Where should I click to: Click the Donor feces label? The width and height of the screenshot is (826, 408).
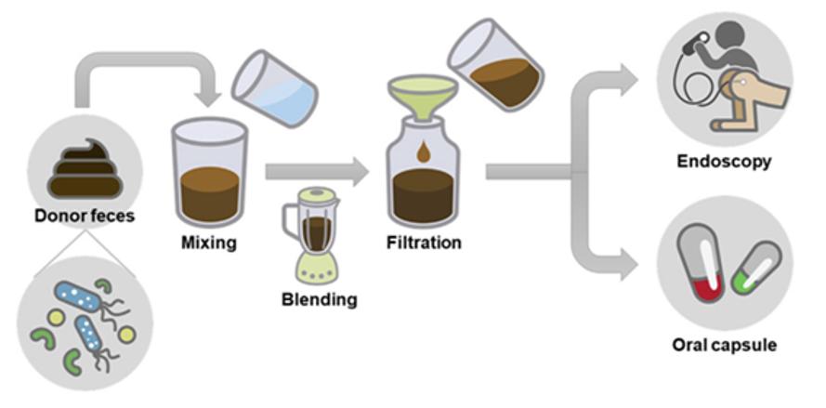pos(84,217)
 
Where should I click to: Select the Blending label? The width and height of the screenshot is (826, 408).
pos(319,299)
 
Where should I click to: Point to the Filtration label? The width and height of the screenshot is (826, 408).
pos(424,243)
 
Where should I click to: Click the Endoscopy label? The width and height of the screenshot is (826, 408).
pos(724,162)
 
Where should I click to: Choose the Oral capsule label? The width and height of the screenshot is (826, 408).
pos(724,346)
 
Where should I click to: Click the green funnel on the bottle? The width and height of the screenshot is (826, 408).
pos(423,99)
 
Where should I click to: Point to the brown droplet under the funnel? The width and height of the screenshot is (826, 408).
pos(423,152)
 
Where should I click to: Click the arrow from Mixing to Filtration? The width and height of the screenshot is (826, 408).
pos(316,170)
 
